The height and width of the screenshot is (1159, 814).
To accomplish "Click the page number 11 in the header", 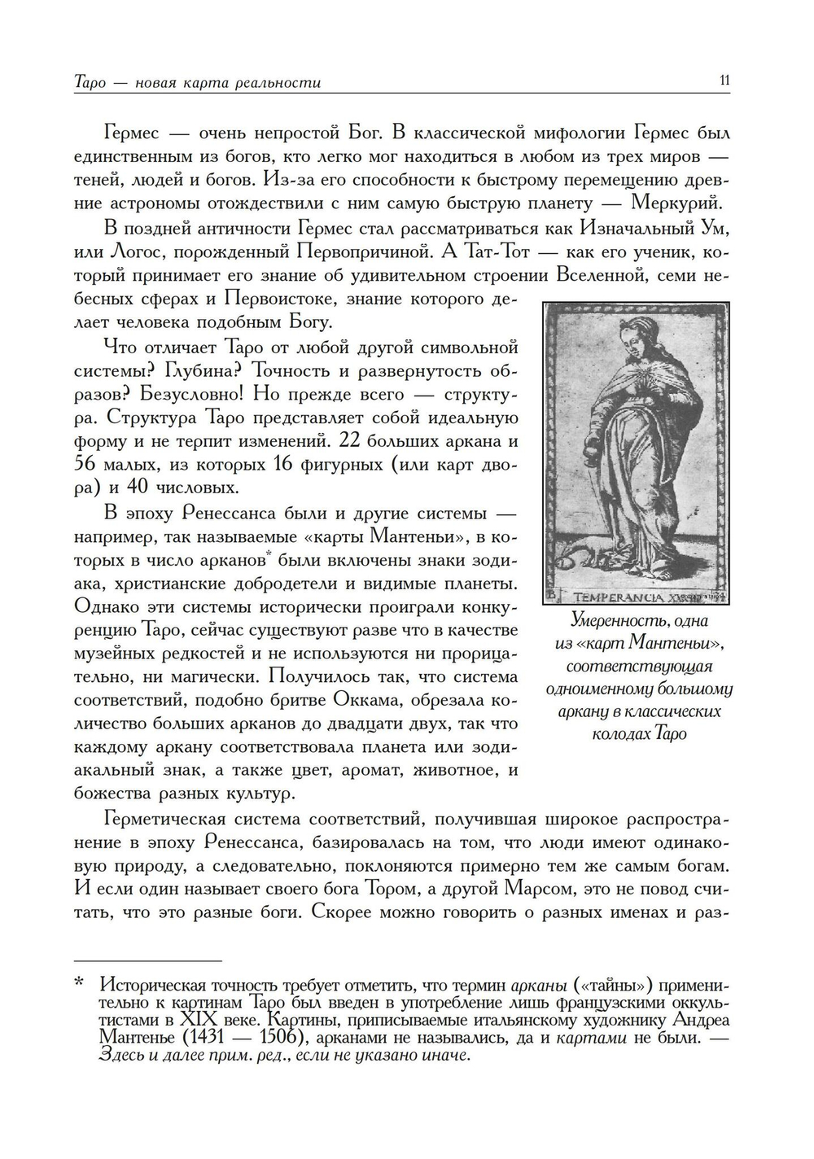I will click(x=724, y=81).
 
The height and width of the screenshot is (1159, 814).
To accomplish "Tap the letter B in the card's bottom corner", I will click(x=551, y=596).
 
